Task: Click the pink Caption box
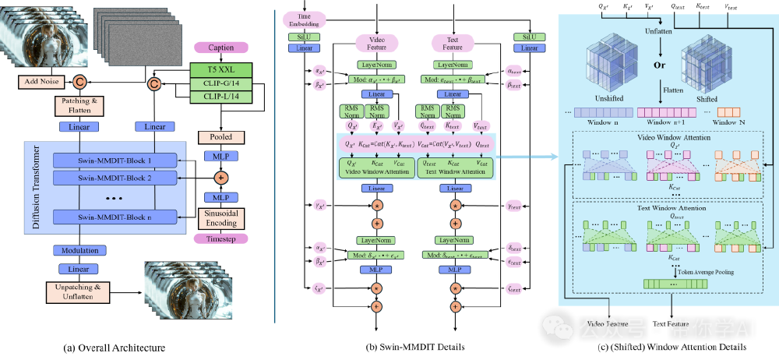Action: (x=220, y=48)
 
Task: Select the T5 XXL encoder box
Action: (x=220, y=69)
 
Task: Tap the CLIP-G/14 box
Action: (x=220, y=83)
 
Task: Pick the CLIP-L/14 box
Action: (x=220, y=97)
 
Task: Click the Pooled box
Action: (x=220, y=136)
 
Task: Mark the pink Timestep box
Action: (x=220, y=238)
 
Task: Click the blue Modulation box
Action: (x=79, y=250)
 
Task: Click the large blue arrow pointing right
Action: (x=530, y=157)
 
